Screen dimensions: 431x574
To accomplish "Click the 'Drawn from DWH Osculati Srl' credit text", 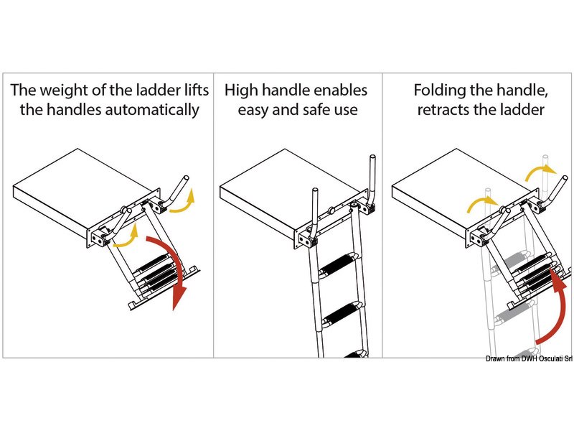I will (x=529, y=358).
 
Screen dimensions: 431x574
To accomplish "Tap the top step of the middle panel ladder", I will (x=338, y=267).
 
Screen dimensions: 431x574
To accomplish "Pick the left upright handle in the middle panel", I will (x=314, y=212).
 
